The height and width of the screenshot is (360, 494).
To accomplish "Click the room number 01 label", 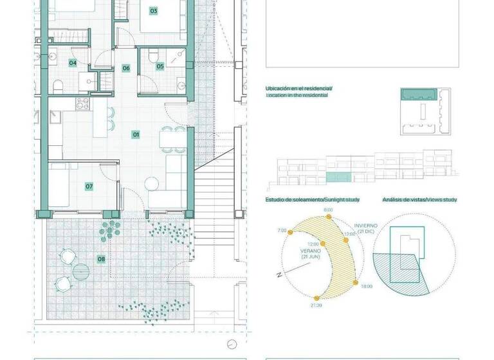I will click(136, 134).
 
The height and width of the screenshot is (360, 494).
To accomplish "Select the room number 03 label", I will click(154, 11).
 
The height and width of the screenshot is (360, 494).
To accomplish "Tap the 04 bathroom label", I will click(73, 63).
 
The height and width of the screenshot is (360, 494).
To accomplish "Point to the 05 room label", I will click(160, 66).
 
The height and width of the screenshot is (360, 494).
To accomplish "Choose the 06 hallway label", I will click(126, 68).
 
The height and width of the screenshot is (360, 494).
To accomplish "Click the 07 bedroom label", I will click(89, 186).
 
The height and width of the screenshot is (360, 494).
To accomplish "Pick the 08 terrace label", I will click(101, 260).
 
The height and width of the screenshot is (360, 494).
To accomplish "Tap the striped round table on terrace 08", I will click(81, 271).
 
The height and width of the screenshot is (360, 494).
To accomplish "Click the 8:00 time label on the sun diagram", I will click(328, 210).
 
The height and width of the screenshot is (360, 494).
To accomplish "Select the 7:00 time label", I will click(281, 230).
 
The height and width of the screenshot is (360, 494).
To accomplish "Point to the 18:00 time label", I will click(367, 286).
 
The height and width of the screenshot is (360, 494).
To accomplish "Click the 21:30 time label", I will click(316, 306).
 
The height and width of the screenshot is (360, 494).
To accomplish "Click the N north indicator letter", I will click(279, 274).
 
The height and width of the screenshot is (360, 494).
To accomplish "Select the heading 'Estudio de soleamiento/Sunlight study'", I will click(312, 200).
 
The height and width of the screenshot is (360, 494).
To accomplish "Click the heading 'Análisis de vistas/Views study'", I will click(419, 200).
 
